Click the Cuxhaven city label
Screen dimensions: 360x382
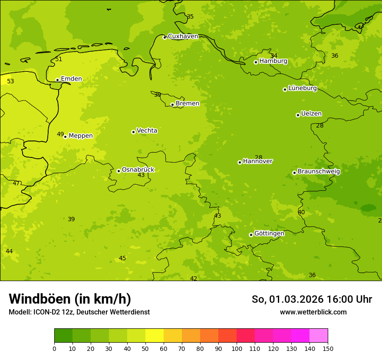click(183, 36)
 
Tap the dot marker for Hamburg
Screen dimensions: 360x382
click(256, 62)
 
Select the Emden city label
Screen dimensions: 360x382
click(71, 79)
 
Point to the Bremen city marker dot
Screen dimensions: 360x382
click(172, 105)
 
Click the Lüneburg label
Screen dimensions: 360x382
click(303, 88)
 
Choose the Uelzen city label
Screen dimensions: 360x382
click(311, 114)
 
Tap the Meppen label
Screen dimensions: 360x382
click(81, 136)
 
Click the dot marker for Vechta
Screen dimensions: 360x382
click(133, 132)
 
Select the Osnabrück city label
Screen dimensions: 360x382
click(138, 170)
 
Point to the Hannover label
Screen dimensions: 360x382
click(257, 161)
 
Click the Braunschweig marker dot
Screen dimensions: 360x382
click(294, 173)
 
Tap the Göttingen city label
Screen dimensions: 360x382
click(269, 234)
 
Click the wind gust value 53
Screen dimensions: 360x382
click(10, 82)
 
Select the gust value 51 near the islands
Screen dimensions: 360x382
click(59, 59)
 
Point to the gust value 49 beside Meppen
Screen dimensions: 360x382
click(60, 134)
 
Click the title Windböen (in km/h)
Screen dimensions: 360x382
click(70, 299)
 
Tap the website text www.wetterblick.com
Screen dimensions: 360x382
click(313, 312)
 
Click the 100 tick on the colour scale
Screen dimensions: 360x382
click(237, 348)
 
